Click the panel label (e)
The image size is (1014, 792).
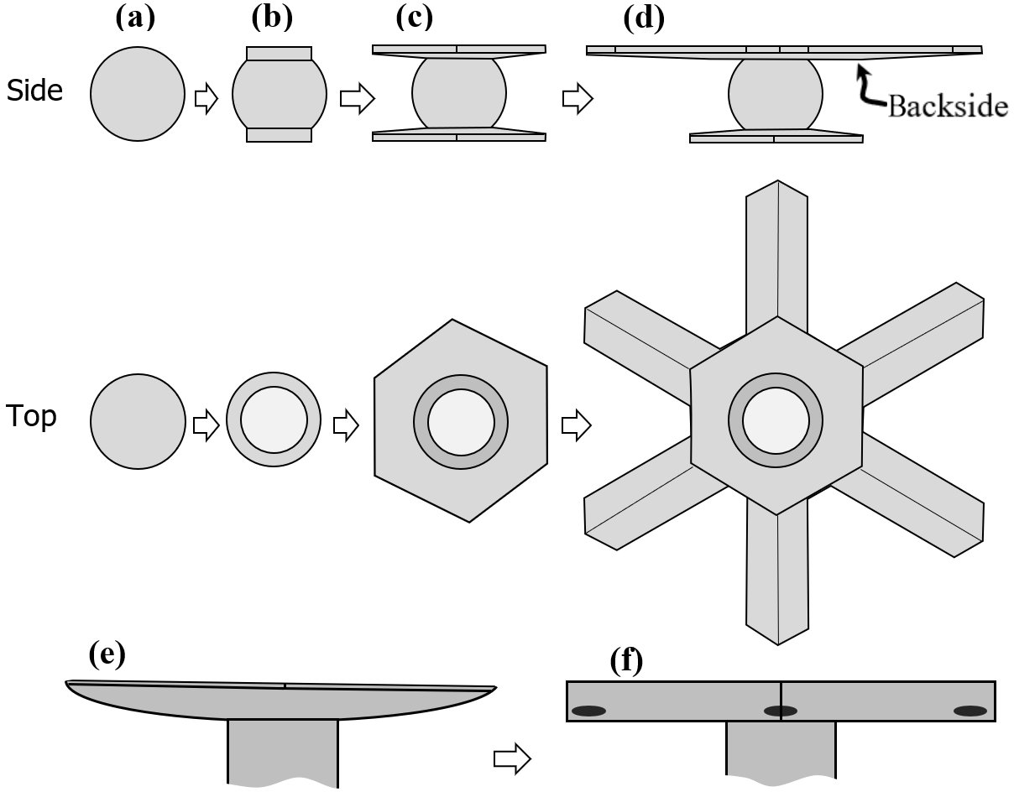106,655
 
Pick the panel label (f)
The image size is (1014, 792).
625,662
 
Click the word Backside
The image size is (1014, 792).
948,106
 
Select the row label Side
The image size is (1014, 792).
34,91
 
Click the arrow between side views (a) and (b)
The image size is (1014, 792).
206,99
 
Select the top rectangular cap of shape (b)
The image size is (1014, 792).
279,55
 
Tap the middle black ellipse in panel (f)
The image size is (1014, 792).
780,711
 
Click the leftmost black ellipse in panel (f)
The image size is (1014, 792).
588,711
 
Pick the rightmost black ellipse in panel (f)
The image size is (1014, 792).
970,711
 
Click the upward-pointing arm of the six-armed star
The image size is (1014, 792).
776,252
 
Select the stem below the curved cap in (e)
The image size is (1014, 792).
283,751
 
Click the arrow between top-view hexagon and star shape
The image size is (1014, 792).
574,425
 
